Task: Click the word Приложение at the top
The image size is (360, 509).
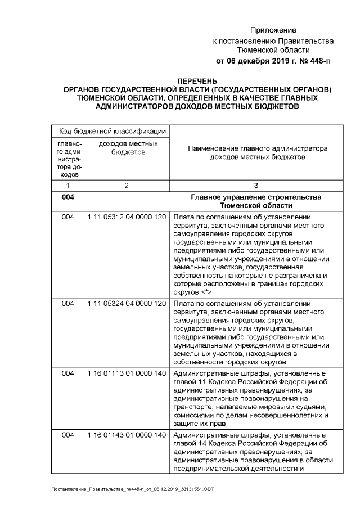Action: [273, 30]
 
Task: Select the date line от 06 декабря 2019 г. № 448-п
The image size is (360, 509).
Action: [273, 61]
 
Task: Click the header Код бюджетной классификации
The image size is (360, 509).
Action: [111, 131]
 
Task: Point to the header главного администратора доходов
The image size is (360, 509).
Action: [67, 159]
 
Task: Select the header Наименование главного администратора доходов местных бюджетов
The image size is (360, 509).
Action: [256, 154]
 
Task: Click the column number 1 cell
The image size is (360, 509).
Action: [67, 185]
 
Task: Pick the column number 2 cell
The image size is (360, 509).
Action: [127, 185]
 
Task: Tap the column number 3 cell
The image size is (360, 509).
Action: [256, 185]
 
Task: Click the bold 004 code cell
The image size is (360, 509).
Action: [67, 197]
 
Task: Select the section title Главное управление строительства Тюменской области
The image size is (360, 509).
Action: [256, 201]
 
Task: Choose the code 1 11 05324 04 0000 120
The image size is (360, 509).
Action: [127, 304]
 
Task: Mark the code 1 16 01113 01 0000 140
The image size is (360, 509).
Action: [127, 373]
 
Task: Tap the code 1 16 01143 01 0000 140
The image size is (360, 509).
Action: [127, 435]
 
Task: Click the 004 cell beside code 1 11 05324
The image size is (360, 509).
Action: [67, 304]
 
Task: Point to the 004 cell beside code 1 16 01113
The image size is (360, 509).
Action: [67, 373]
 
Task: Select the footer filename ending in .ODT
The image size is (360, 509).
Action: [132, 490]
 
